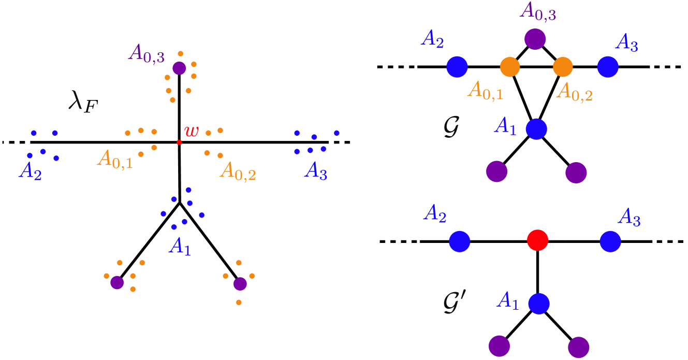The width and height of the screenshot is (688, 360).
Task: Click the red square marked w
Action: pos(179,142)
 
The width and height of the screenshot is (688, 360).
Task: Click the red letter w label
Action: pos(191,131)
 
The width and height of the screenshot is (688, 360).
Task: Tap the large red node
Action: pos(537,240)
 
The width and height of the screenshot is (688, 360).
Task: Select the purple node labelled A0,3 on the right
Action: pos(535,39)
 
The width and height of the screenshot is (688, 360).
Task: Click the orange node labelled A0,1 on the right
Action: pos(510,67)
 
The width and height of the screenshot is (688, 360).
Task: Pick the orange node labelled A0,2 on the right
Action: pos(563,67)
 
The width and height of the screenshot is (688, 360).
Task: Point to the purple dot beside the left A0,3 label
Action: pos(179,68)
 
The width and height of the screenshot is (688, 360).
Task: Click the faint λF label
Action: pos(83,103)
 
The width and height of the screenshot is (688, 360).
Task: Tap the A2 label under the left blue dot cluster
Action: pos(30,171)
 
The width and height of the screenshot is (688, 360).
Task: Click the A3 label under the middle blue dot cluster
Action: pos(316,170)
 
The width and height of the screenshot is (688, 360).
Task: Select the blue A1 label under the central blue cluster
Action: pos(180,247)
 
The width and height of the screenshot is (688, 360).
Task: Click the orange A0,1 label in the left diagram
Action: pos(115,159)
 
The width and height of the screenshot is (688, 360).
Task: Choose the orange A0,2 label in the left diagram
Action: pos(238,170)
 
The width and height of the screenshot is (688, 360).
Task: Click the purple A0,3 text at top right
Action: pos(538,11)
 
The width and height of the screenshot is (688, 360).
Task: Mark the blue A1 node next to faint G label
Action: pos(536,129)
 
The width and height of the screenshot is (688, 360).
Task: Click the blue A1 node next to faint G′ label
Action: pos(539,304)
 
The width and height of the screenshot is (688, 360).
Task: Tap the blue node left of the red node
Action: pos(459,241)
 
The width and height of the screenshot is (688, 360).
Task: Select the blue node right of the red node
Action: pos(610,241)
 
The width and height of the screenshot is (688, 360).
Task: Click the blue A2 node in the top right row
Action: pos(457,67)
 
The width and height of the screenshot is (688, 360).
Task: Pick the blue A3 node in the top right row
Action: pos(608,67)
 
